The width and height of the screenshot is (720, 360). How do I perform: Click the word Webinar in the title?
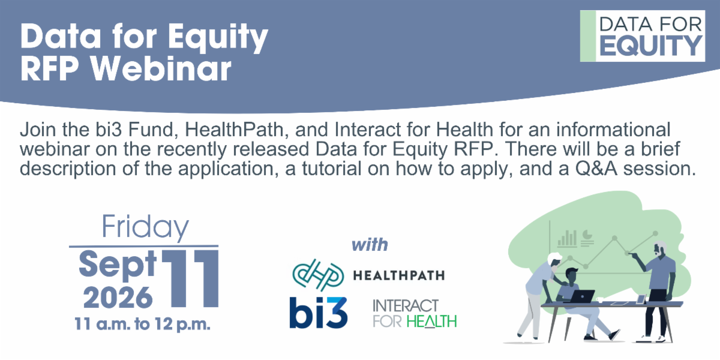pyautogui.click(x=161, y=68)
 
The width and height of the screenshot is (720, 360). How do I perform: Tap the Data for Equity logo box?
pyautogui.click(x=643, y=36)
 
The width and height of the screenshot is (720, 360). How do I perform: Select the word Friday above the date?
pyautogui.click(x=145, y=227)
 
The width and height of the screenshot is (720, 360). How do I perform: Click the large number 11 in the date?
pyautogui.click(x=190, y=278)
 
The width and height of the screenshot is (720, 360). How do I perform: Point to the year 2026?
pyautogui.click(x=118, y=298)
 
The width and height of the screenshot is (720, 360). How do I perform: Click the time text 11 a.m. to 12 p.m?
pyautogui.click(x=142, y=324)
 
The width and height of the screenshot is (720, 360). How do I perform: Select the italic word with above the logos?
pyautogui.click(x=370, y=245)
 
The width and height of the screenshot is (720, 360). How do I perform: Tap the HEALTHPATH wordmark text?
pyautogui.click(x=399, y=275)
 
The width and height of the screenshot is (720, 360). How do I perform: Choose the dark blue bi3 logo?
pyautogui.click(x=318, y=313)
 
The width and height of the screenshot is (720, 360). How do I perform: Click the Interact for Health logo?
pyautogui.click(x=415, y=313)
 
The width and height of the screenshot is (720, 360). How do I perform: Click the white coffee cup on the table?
pyautogui.click(x=600, y=299)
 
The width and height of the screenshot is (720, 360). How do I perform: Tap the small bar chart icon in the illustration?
pyautogui.click(x=567, y=239)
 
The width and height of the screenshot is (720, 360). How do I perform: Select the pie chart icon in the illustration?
pyautogui.click(x=587, y=235)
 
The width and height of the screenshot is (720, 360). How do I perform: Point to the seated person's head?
pyautogui.click(x=571, y=275)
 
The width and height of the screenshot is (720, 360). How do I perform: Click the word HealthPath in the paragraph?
pyautogui.click(x=234, y=129)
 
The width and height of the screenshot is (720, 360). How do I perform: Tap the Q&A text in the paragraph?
pyautogui.click(x=596, y=169)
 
